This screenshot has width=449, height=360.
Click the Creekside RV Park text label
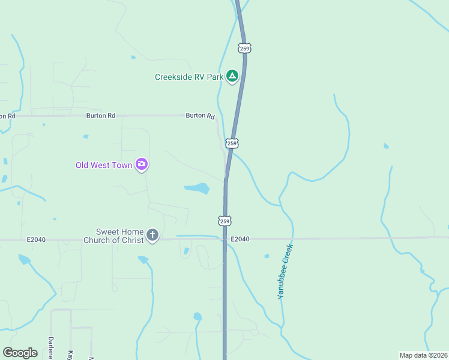pyautogui.click(x=189, y=77)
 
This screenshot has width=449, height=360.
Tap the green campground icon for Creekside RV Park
pyautogui.click(x=232, y=76)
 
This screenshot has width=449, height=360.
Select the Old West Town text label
pyautogui.click(x=104, y=165)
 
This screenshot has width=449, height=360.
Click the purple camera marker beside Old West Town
pyautogui.click(x=142, y=164)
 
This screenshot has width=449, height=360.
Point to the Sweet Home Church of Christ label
pyautogui.click(x=120, y=236)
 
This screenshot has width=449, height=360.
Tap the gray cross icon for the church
pyautogui.click(x=152, y=235)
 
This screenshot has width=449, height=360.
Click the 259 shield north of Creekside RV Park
pyautogui.click(x=244, y=47)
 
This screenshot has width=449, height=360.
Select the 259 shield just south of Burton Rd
pyautogui.click(x=232, y=143)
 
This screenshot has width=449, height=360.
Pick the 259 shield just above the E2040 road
pyautogui.click(x=224, y=221)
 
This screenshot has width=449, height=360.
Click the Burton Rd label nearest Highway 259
pyautogui.click(x=200, y=115)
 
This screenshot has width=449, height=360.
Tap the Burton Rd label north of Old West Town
pyautogui.click(x=100, y=115)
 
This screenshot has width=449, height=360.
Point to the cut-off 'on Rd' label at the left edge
pyautogui.click(x=6, y=116)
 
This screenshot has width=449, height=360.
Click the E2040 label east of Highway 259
pyautogui.click(x=239, y=239)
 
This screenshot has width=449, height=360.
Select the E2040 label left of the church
pyautogui.click(x=37, y=239)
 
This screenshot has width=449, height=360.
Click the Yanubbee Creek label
pyautogui.click(x=285, y=271)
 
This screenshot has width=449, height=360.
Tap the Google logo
pyautogui.click(x=20, y=352)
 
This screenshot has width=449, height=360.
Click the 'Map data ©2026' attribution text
pyautogui.click(x=423, y=355)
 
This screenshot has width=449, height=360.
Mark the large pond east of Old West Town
pyautogui.click(x=197, y=188)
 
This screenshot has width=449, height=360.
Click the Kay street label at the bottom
pyautogui.click(x=70, y=354)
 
